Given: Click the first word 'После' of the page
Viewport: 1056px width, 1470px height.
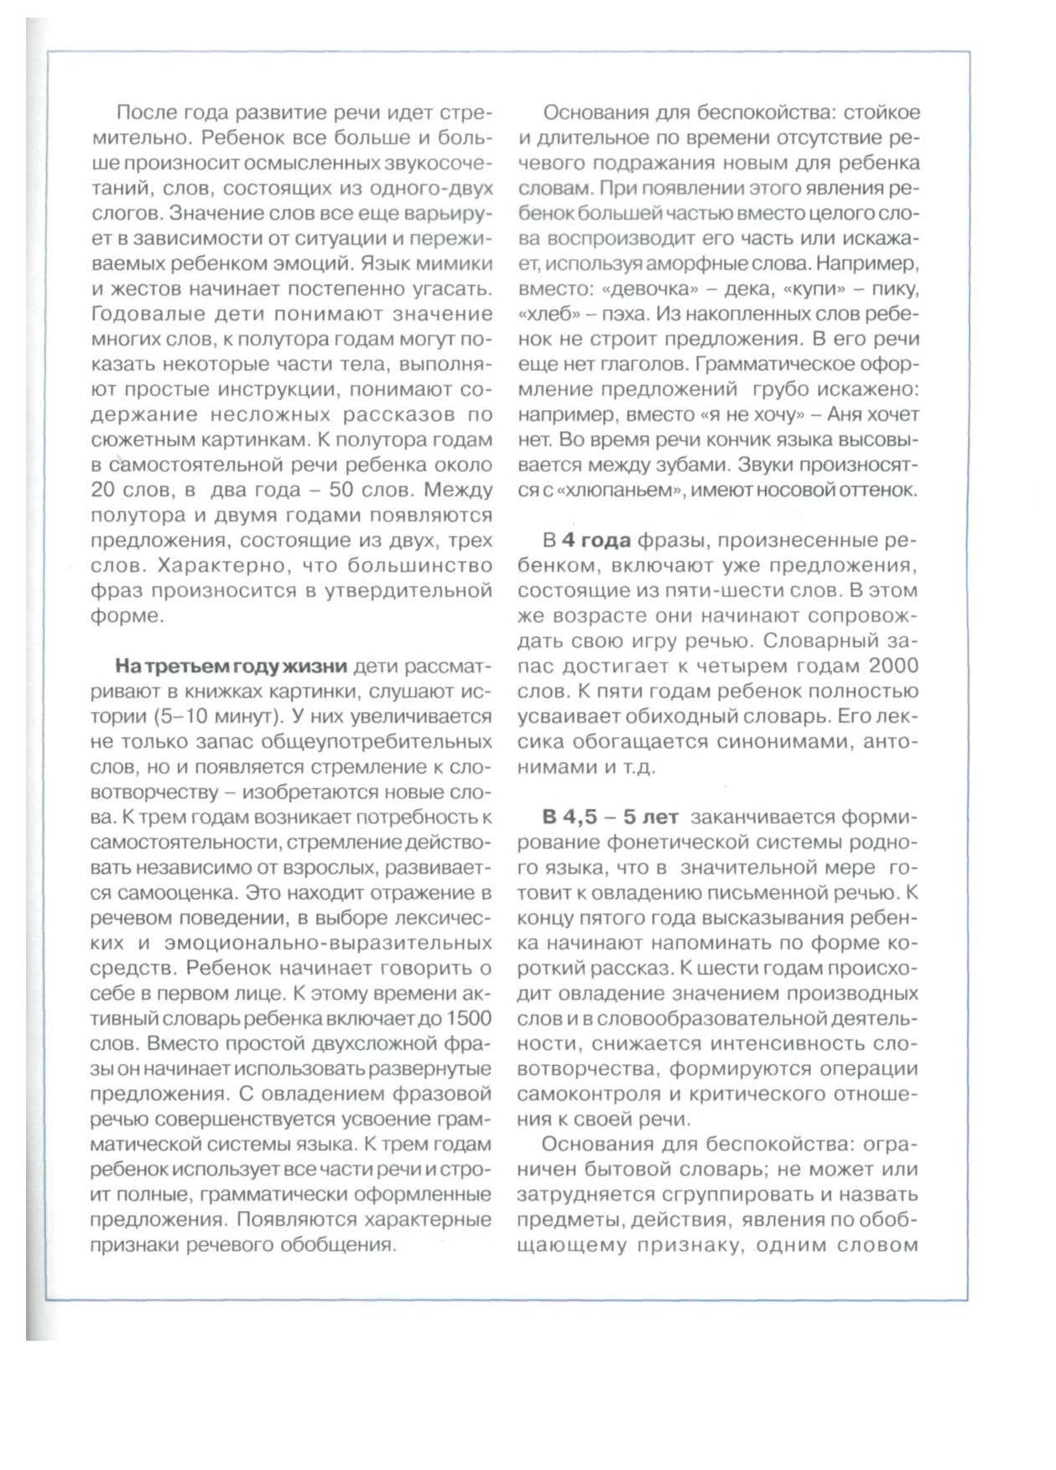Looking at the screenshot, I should click(143, 112).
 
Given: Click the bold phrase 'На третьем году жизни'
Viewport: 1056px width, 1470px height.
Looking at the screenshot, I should click(231, 666).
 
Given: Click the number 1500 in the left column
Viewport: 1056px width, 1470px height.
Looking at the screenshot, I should click(468, 1018).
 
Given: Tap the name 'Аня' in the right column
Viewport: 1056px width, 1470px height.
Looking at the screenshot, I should click(845, 414).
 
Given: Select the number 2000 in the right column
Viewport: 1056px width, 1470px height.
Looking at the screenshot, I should click(893, 666).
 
